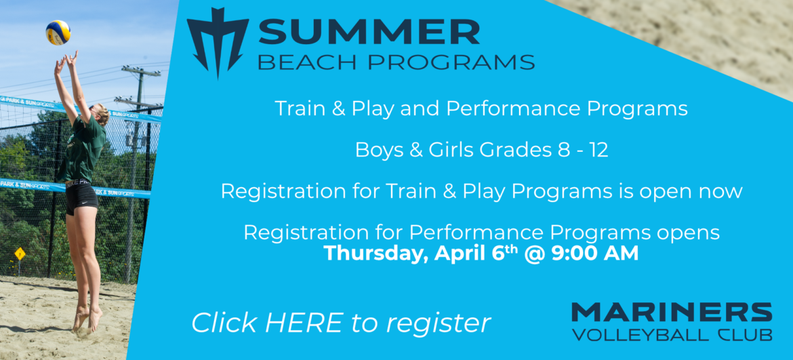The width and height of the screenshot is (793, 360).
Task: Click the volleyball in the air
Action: (58, 32)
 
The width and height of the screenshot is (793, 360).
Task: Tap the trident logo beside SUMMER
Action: (218, 41)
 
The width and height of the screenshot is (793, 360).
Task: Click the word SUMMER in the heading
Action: (369, 32)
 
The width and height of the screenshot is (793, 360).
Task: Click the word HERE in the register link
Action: (304, 323)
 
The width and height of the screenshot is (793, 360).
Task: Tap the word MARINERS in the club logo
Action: (671, 313)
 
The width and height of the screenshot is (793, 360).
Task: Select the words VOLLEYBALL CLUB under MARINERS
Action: (671, 335)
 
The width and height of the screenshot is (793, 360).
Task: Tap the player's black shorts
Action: (81, 198)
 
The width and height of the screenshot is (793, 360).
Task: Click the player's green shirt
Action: (84, 146)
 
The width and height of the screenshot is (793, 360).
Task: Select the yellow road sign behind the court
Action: (20, 253)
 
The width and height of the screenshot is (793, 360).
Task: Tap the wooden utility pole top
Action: (140, 71)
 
